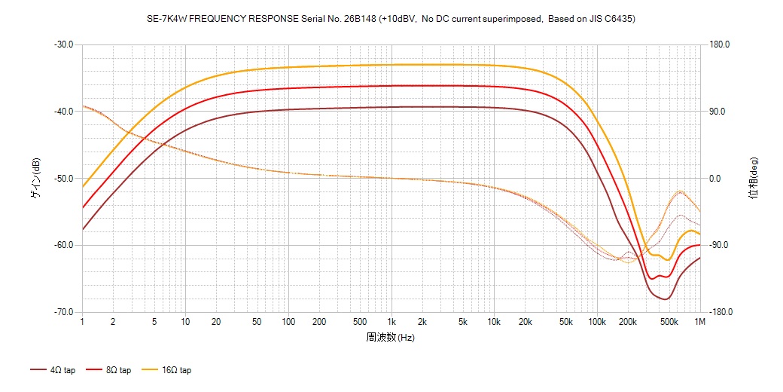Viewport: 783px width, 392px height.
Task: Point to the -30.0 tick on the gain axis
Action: (63, 44)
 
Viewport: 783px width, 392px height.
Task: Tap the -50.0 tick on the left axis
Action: (63, 179)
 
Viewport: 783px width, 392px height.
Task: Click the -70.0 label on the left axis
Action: (63, 312)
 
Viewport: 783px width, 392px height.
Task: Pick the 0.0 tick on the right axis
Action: (716, 179)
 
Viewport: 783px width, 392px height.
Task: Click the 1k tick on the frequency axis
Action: (391, 322)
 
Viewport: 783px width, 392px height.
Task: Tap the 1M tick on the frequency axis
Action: (700, 322)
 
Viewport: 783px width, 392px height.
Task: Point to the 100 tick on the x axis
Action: (288, 322)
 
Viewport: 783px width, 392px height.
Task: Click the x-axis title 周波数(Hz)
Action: (391, 338)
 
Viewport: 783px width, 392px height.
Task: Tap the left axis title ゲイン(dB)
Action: (35, 179)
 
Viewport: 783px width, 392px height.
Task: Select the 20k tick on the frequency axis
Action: (525, 322)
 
